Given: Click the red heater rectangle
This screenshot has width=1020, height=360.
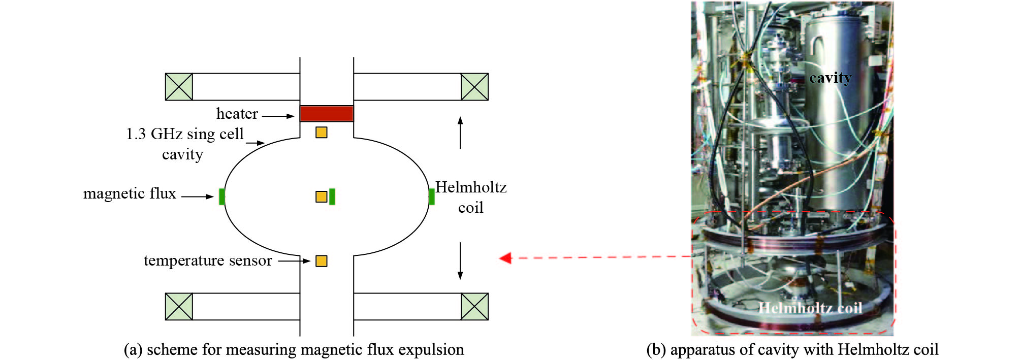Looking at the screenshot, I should [x=326, y=113].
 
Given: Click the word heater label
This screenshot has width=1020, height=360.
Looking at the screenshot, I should [x=237, y=114].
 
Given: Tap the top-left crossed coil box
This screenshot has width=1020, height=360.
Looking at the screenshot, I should [x=179, y=87].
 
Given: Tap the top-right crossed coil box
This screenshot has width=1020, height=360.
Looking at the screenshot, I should [x=474, y=87].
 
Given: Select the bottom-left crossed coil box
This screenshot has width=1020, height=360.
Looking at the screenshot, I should [x=179, y=307].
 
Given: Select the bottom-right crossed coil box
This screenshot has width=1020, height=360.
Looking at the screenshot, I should [x=474, y=307].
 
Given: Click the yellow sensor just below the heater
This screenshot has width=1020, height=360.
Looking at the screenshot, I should [x=321, y=133].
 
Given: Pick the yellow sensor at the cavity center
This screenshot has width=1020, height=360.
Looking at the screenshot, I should [x=321, y=197].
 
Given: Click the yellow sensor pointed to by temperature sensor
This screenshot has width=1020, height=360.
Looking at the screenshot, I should [x=321, y=261].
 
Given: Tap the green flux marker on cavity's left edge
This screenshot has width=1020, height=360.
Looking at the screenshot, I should [x=222, y=197].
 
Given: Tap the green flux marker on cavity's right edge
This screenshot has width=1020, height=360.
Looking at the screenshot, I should [x=431, y=197].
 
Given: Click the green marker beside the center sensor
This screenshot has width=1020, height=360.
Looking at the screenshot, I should [x=332, y=197].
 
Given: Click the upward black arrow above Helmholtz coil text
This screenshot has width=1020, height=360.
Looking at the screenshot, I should [x=460, y=133].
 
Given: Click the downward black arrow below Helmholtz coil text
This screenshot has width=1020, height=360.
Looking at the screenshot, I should [x=460, y=261].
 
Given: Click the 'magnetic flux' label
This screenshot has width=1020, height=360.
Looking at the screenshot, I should [x=130, y=193].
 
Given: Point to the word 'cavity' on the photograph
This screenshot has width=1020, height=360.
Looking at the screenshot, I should [x=830, y=78].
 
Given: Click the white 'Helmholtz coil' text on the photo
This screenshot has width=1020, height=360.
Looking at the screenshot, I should [x=810, y=308].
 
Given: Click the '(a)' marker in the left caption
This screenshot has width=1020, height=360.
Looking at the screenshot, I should [x=133, y=350].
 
